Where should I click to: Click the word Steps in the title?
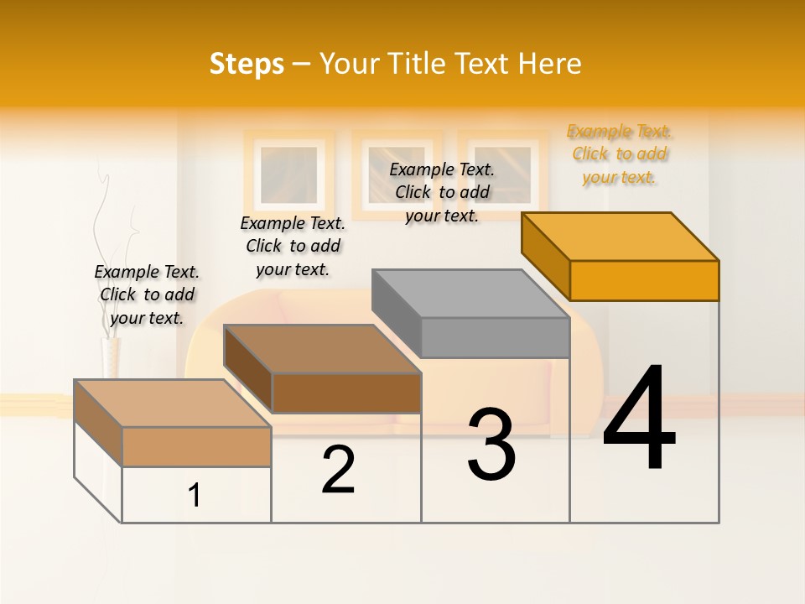(247, 64)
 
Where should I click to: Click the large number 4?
(639, 419)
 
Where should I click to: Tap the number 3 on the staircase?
(491, 445)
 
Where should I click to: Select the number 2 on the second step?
(339, 470)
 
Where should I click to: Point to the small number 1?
(195, 496)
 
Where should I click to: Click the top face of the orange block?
(621, 236)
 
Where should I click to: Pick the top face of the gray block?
(470, 294)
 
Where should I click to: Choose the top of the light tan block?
(173, 404)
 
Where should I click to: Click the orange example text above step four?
(619, 154)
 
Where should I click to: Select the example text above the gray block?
(442, 192)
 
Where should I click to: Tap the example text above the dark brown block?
(293, 246)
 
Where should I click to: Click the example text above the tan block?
(147, 294)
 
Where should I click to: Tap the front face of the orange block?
(644, 280)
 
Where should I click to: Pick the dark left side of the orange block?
(546, 256)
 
